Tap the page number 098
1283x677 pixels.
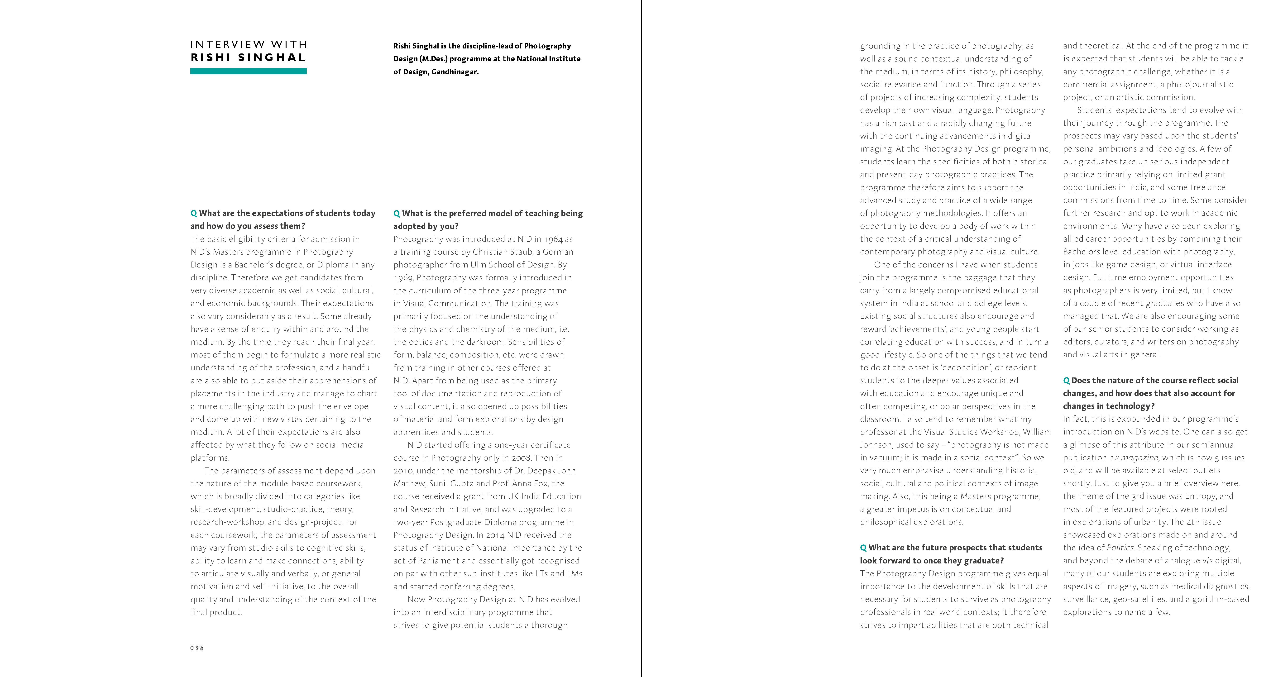197,648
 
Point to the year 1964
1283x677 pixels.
552,239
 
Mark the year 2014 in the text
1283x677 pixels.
495,535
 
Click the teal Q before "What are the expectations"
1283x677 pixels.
194,213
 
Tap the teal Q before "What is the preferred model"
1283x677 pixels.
397,213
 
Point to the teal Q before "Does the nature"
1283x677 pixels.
1066,380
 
